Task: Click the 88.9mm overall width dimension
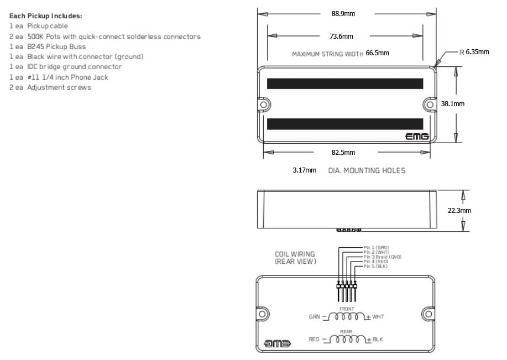pos(343,14)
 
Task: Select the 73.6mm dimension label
pos(341,36)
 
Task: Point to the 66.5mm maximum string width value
pos(378,53)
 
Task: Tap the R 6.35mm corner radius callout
pos(474,52)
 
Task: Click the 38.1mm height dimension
pos(452,103)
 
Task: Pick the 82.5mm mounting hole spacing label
pos(343,152)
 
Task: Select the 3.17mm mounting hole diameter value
pos(305,170)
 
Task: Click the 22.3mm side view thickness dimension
pos(459,210)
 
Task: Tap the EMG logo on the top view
pos(417,136)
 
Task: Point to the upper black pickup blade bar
pos(345,84)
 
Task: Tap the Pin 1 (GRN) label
pos(377,247)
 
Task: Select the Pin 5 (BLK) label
pos(375,267)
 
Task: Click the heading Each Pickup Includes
pos(46,16)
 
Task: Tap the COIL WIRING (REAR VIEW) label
pos(295,258)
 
